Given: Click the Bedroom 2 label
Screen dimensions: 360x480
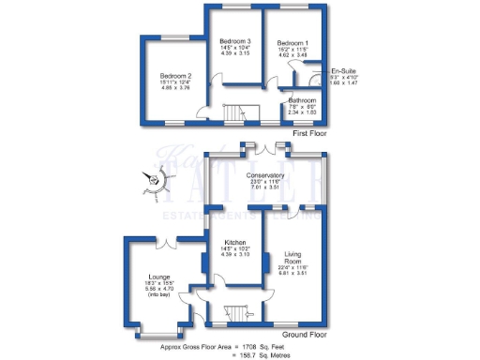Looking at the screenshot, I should tap(175, 75).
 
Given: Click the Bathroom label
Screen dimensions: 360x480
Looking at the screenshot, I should tap(302, 99).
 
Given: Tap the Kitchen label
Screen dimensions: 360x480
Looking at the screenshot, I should tap(235, 241).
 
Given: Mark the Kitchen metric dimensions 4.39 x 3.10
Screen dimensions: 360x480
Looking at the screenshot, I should tap(235, 254).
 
